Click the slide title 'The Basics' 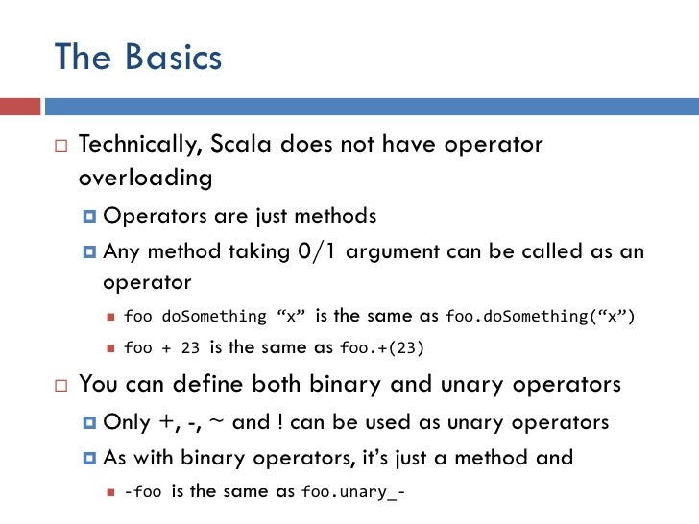138,58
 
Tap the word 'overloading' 145,179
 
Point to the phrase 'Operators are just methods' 239,216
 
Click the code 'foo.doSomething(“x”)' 542,317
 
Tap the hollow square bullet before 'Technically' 60,146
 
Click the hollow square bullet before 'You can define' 60,386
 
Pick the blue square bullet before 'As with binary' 89,458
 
